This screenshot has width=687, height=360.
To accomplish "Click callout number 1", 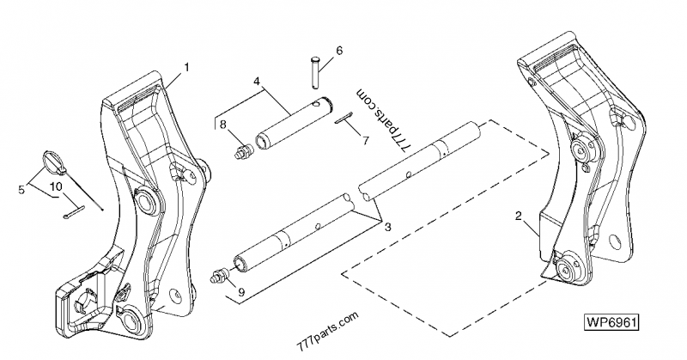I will [187, 66].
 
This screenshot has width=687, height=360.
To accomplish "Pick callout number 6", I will [338, 51].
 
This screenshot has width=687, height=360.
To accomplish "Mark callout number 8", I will [223, 125].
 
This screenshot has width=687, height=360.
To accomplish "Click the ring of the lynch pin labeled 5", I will [52, 161].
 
